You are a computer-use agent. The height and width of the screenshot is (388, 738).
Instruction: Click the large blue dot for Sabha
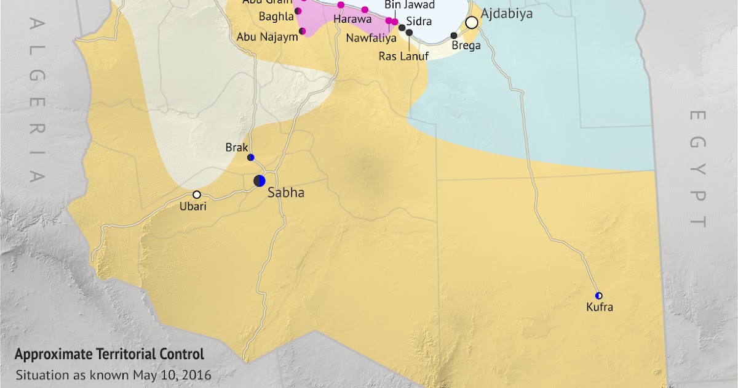260,180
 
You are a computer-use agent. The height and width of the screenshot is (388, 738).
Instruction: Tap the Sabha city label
286,193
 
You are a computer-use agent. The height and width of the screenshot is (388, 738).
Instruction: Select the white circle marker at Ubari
197,195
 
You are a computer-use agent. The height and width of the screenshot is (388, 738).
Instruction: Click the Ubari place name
193,206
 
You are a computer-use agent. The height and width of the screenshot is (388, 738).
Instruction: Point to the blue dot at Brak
250,158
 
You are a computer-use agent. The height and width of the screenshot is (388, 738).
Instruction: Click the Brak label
237,148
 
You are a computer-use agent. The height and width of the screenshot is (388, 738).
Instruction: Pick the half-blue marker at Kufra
598,296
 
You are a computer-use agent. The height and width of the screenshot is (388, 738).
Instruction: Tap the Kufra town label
600,307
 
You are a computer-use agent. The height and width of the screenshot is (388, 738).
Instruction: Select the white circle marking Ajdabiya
472,23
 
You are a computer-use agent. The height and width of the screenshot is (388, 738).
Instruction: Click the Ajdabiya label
507,14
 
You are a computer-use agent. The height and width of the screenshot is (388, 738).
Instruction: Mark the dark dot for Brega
454,36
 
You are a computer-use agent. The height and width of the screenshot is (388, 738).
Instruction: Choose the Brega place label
466,46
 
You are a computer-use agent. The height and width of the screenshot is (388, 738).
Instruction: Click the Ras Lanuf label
403,56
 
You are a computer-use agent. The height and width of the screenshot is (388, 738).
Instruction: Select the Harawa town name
349,19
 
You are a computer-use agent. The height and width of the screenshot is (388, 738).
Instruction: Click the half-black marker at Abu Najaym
302,31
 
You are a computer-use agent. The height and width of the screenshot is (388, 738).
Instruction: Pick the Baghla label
276,17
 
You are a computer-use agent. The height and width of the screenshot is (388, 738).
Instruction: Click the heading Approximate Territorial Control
109,355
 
